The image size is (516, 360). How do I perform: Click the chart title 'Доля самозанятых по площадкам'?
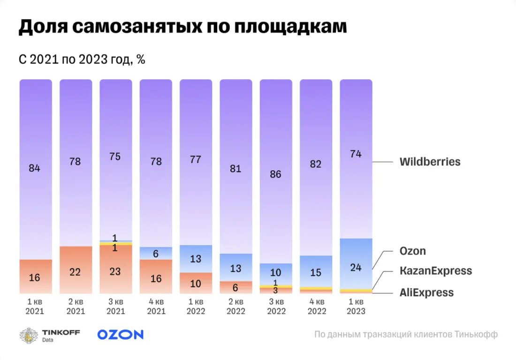(x=182, y=27)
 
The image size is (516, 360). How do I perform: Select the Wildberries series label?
(x=430, y=162)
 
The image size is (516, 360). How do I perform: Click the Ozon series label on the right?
(x=413, y=251)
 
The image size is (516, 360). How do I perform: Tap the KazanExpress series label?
(x=435, y=271)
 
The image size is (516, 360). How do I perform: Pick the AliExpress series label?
(x=426, y=293)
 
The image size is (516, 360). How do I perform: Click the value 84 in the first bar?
(x=35, y=168)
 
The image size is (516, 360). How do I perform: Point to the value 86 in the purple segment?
(x=275, y=174)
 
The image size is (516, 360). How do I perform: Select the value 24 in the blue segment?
(x=356, y=268)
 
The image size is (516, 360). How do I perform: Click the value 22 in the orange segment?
(x=75, y=272)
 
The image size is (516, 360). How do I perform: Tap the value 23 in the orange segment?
(x=115, y=271)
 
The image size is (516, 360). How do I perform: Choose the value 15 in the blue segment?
(x=316, y=272)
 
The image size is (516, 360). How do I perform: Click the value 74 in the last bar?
(x=356, y=154)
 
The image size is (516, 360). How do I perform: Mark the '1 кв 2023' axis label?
(x=356, y=306)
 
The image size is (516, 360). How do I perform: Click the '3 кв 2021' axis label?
(x=115, y=306)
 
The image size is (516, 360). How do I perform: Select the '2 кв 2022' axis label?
(x=235, y=306)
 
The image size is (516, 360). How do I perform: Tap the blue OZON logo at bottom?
(x=120, y=334)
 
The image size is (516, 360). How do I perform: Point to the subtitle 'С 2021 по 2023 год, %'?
(x=82, y=60)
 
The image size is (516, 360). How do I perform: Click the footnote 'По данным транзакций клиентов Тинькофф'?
(x=406, y=335)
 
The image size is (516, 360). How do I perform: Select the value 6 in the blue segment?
(x=156, y=254)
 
